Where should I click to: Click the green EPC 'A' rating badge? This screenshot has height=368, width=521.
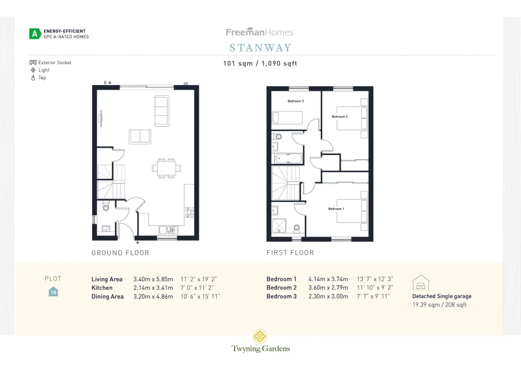[35, 34]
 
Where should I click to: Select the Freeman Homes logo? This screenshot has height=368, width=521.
[260, 32]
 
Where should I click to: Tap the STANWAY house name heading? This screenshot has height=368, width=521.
[260, 47]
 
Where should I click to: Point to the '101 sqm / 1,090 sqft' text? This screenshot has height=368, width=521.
[260, 64]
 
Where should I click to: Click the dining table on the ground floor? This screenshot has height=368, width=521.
[163, 168]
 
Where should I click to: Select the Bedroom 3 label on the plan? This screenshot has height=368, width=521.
[296, 101]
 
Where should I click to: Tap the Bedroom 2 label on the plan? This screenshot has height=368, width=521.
[340, 117]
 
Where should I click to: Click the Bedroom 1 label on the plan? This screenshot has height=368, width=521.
[336, 209]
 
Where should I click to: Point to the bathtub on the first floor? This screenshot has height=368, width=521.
[286, 157]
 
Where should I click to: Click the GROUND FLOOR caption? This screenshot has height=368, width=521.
[121, 253]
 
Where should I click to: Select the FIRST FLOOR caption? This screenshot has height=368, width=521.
[290, 253]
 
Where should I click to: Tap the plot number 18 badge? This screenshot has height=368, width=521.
[53, 292]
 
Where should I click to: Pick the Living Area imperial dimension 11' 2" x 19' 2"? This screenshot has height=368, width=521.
[199, 279]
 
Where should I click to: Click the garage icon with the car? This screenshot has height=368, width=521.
[420, 282]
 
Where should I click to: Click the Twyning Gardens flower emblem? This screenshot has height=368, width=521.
[260, 336]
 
